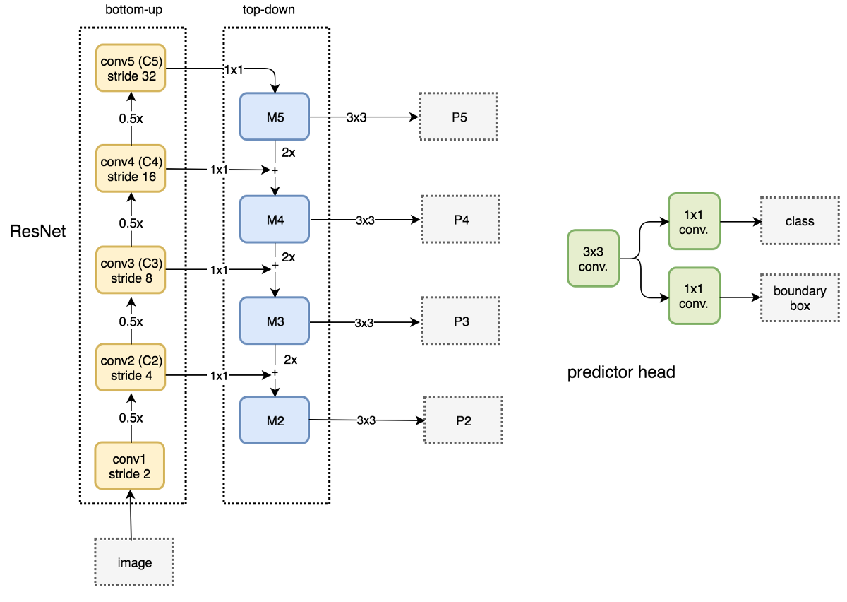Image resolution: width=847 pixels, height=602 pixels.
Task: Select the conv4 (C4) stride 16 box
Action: [131, 169]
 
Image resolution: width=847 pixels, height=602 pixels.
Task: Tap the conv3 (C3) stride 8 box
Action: [131, 271]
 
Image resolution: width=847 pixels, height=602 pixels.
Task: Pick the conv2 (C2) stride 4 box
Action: [131, 368]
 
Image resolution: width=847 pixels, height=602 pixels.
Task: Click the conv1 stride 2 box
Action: [130, 466]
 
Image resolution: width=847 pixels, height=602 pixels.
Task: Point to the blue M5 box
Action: [275, 116]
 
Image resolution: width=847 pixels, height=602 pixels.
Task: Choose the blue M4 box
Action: [275, 220]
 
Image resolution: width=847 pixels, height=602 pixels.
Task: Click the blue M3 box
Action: [275, 321]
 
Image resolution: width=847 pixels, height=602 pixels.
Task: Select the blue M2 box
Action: [275, 420]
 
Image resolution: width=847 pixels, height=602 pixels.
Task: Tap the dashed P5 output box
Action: [459, 116]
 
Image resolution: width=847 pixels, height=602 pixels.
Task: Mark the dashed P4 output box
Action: [461, 220]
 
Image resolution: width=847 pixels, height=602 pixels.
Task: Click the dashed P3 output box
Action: [461, 321]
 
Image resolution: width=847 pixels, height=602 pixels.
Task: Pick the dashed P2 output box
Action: [463, 420]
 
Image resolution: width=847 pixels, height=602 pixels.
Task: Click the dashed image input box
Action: [134, 562]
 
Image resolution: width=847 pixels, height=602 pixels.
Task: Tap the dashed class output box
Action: [800, 221]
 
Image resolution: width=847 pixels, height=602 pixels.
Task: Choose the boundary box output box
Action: [800, 298]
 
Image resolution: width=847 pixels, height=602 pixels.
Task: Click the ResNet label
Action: [38, 231]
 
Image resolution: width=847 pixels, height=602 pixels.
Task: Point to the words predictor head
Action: [621, 372]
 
